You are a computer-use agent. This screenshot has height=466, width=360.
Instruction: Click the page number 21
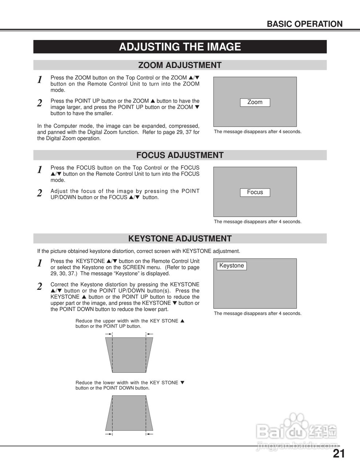coord(339,454)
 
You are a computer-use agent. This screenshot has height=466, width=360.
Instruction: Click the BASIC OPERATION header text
coord(304,24)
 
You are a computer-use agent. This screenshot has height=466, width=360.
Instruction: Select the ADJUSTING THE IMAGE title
coord(180,47)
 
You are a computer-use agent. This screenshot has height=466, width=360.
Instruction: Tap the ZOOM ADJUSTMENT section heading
coord(180,65)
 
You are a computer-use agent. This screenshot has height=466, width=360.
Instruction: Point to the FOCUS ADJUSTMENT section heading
coord(180,155)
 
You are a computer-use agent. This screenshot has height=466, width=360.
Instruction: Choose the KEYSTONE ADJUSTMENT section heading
coord(180,238)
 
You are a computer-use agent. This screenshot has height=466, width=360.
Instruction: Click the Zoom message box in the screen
coord(255,102)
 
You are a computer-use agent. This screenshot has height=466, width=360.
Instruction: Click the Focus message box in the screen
coord(255,192)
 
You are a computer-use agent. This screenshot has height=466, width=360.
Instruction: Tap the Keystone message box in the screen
coord(232,266)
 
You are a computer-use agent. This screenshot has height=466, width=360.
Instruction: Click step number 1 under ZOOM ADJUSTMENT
coord(40,80)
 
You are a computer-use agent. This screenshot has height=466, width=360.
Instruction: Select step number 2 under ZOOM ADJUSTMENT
coord(40,103)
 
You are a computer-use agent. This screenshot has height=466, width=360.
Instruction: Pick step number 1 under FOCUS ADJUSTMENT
coord(40,170)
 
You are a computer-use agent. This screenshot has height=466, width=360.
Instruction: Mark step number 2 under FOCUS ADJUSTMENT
coord(40,193)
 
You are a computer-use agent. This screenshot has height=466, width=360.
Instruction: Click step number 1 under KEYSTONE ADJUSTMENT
coord(40,263)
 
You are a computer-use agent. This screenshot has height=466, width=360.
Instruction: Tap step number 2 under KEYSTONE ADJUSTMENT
coord(40,287)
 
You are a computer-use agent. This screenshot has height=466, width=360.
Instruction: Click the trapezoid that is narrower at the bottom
coord(129,355)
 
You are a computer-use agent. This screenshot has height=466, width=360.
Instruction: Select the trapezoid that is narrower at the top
coord(129,413)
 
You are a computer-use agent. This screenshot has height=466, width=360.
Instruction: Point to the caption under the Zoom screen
coord(257,132)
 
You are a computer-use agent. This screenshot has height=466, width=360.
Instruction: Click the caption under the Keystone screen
coord(257,313)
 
